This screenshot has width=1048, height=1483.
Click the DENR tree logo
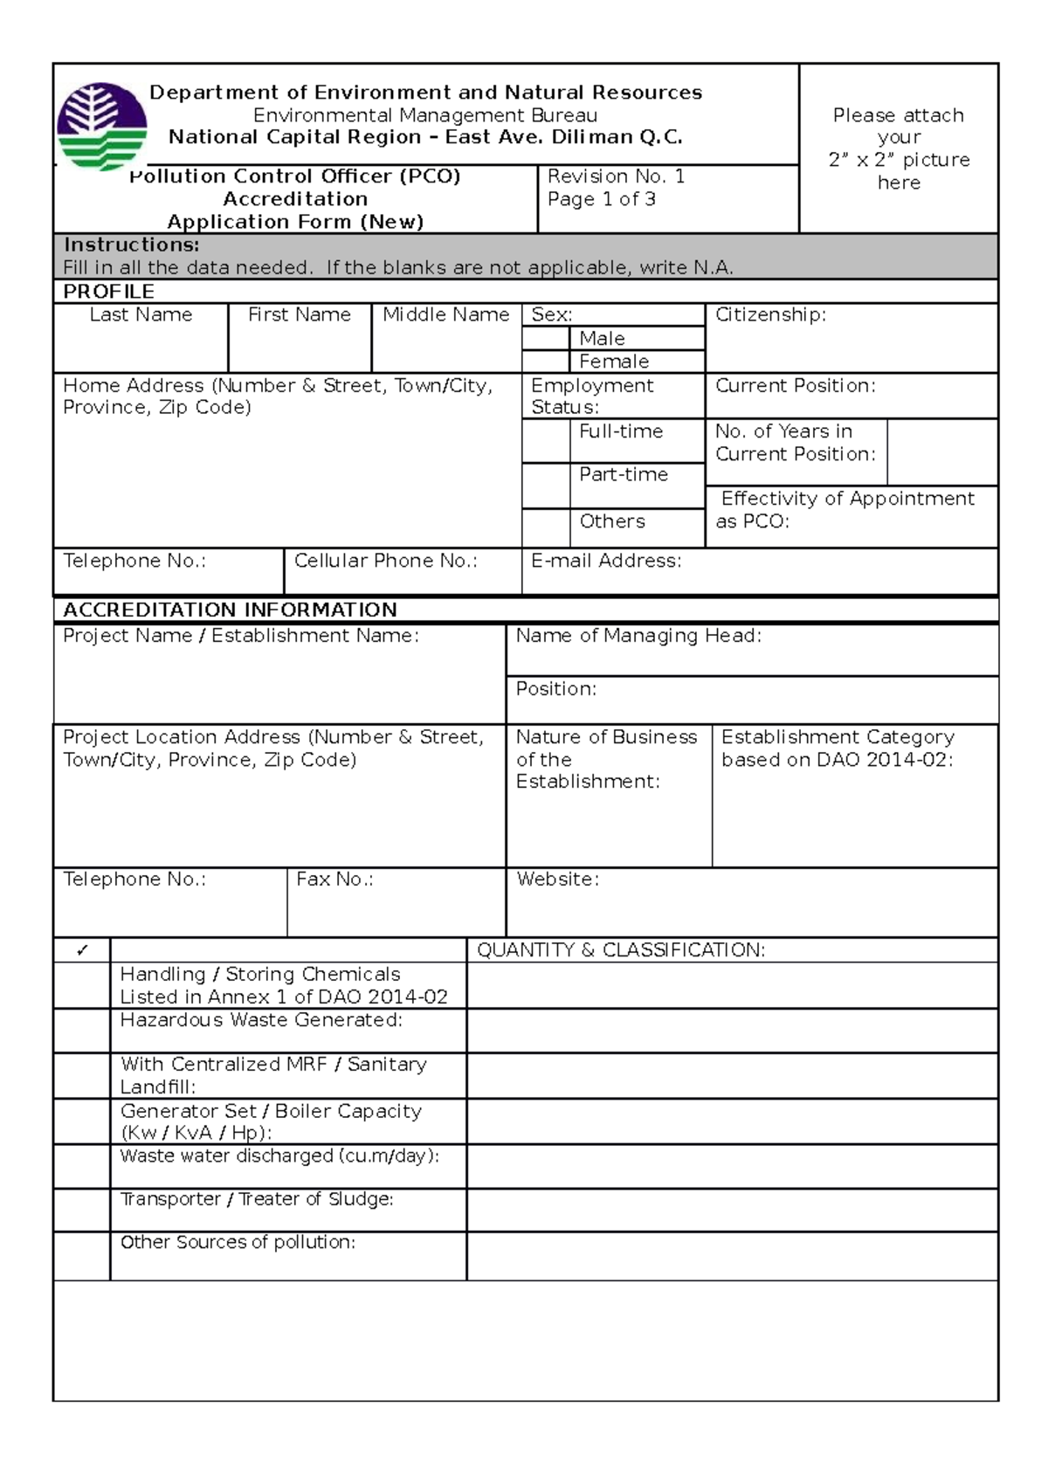101,127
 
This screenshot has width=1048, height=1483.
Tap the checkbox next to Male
546,338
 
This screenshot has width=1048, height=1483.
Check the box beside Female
546,362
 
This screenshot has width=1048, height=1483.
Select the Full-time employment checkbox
546,441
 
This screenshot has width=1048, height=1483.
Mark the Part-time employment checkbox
546,486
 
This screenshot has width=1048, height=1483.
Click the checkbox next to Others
546,528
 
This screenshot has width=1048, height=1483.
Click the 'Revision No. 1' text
616,176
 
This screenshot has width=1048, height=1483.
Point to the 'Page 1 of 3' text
601,199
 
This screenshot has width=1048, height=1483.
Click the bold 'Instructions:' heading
131,245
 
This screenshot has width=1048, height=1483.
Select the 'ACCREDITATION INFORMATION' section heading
230,610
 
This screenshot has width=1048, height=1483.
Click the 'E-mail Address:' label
606,561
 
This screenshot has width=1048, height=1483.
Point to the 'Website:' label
557,879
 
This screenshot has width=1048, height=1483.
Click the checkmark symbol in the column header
82,950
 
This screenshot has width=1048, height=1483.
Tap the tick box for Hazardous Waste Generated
82,1031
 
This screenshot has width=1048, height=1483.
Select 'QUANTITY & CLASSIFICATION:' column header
620,950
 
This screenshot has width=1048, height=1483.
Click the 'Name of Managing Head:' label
638,636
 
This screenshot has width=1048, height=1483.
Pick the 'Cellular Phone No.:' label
385,561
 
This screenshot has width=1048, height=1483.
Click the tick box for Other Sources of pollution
82,1256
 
